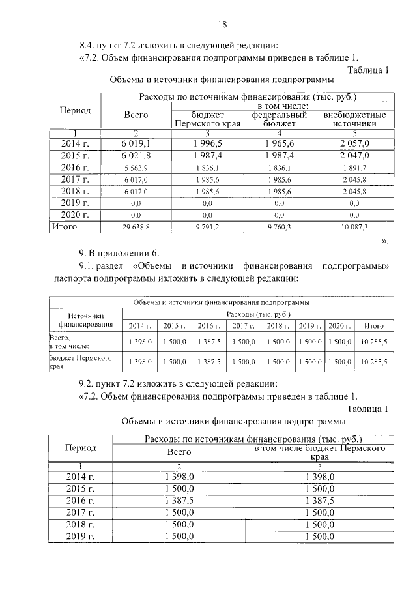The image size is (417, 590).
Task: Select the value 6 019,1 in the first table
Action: (136, 143)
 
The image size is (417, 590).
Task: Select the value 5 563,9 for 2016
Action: (136, 168)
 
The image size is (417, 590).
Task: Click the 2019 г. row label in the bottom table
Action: (81, 536)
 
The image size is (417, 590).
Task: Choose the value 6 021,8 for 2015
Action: (136, 155)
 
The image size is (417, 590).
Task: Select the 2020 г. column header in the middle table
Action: (339, 325)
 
